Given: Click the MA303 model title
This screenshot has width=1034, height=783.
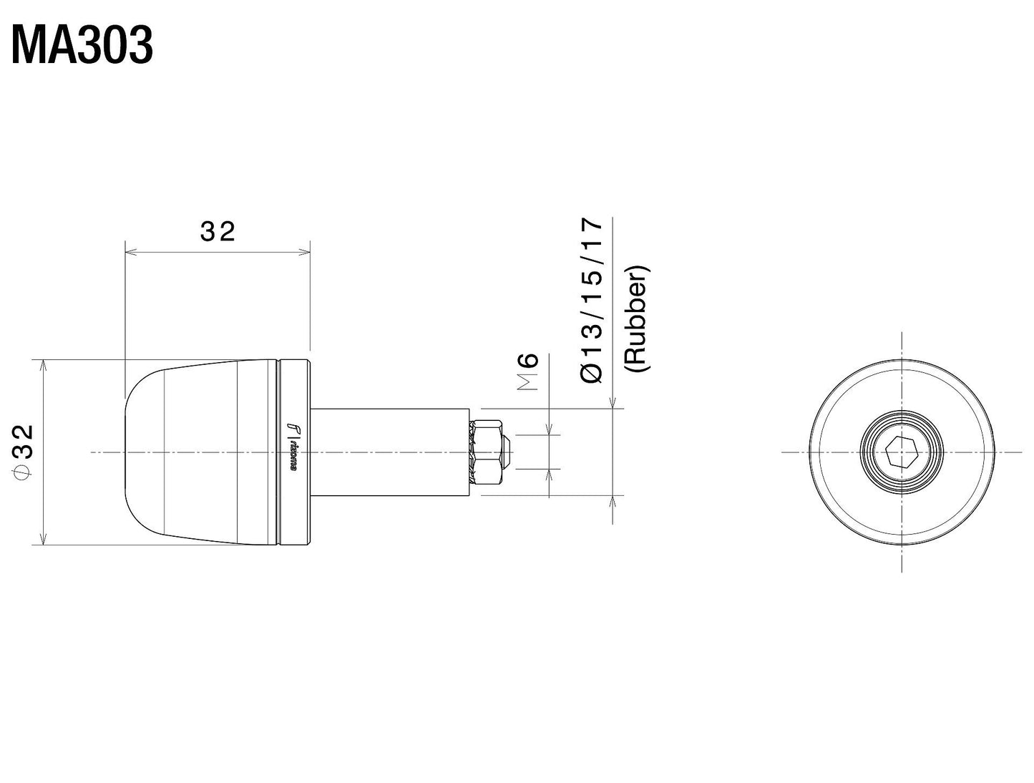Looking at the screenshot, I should (82, 47).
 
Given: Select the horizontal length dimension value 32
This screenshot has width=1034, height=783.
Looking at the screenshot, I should (218, 231).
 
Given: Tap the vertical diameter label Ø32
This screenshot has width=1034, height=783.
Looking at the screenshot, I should (23, 452).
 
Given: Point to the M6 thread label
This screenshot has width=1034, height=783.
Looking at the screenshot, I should (527, 371).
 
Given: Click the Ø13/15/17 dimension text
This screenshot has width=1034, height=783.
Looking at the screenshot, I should (592, 300).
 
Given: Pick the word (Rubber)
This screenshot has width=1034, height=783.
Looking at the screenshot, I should (636, 318).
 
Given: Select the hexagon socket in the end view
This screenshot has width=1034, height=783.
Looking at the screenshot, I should (902, 452).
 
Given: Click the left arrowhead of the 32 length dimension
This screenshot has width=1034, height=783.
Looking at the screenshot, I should (130, 251).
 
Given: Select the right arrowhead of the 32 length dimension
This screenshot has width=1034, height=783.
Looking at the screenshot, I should (306, 251).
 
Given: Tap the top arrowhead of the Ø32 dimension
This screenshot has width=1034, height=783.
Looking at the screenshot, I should (44, 364).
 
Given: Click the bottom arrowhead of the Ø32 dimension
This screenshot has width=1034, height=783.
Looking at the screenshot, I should (44, 540).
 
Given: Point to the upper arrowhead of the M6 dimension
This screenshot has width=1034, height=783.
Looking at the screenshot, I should (550, 429).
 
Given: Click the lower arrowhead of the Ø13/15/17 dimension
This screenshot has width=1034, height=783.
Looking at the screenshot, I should (613, 500).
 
